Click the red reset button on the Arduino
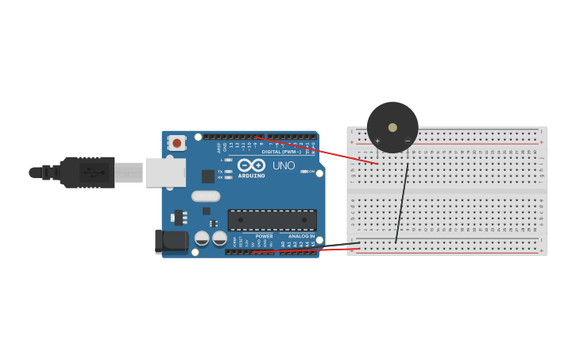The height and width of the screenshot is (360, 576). tap(176, 143)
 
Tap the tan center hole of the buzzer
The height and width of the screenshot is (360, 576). tap(392, 127)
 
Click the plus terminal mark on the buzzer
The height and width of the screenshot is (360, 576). tap(377, 141)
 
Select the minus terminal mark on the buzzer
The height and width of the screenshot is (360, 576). tap(408, 141)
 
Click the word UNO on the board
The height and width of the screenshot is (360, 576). tap(284, 165)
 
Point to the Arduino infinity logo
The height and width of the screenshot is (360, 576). tap(251, 165)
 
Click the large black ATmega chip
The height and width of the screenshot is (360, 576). tap(272, 219)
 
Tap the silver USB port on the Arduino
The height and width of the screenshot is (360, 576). tap(165, 172)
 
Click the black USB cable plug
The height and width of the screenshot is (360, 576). tap(87, 172)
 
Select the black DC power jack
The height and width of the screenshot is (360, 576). tap(171, 242)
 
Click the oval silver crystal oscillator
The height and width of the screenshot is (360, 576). tap(206, 196)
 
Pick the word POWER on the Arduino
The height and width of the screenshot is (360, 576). tap(265, 236)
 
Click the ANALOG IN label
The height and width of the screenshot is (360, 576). tap(301, 236)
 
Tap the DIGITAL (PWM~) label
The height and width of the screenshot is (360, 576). tap(281, 151)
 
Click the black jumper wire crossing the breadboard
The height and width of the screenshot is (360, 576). tap(402, 203)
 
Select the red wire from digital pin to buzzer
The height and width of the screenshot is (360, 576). tap(318, 150)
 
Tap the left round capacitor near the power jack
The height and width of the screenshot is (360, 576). tap(202, 238)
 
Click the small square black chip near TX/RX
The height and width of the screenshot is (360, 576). tap(207, 176)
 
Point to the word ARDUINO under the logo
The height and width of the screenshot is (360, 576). tap(251, 175)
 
